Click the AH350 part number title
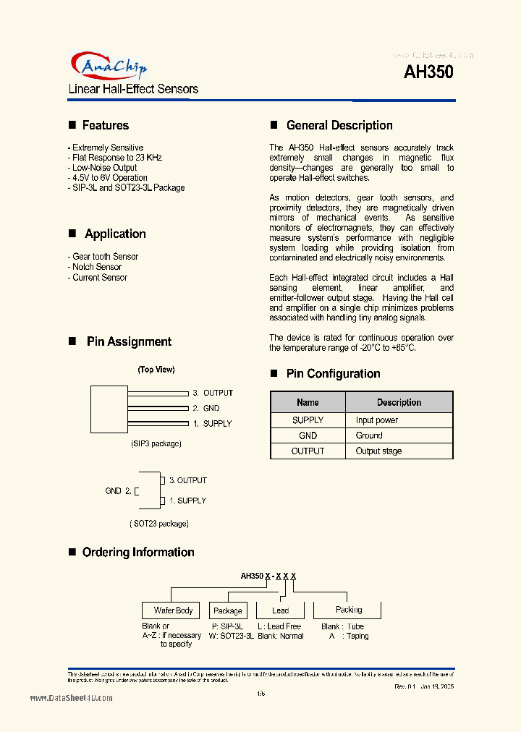[x=428, y=72]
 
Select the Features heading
[x=105, y=125]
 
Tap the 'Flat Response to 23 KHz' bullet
[x=117, y=157]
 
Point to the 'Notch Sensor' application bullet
[x=96, y=267]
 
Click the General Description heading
[x=339, y=125]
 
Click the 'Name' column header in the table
[x=308, y=402]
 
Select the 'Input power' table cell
[x=376, y=420]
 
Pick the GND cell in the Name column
[x=308, y=435]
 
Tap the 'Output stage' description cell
[x=378, y=451]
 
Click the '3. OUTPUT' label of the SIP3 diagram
[x=213, y=393]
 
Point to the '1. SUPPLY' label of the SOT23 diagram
[x=187, y=501]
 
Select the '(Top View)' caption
[x=156, y=370]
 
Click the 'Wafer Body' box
[x=174, y=610]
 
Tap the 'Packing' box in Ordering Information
[x=349, y=610]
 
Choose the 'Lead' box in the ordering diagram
[x=280, y=610]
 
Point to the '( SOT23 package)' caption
[x=159, y=523]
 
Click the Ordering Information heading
[x=138, y=552]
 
